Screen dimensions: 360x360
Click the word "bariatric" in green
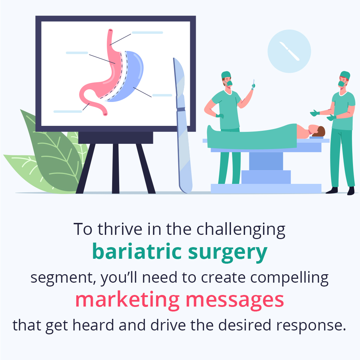(137, 252)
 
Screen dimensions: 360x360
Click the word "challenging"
(241, 230)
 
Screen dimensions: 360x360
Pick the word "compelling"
(289, 278)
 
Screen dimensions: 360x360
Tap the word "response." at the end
(311, 326)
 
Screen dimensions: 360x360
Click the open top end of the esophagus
(110, 30)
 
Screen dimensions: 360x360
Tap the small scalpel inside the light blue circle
(289, 51)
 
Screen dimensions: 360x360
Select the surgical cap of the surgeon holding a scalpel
(226, 75)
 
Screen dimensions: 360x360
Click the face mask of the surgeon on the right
(342, 83)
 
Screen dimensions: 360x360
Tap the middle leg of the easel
(116, 168)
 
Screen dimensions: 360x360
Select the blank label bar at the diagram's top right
(147, 33)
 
